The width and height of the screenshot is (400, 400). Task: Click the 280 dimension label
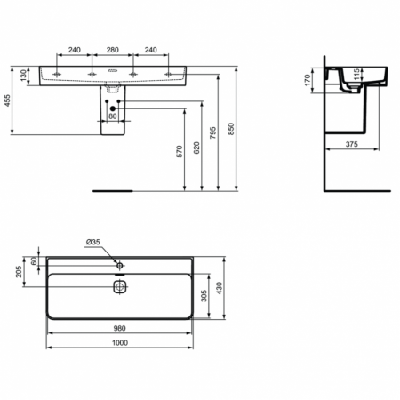[113, 50]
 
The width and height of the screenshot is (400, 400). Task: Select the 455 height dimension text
[7, 100]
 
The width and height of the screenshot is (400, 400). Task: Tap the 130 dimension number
[23, 76]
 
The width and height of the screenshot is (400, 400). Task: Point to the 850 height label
[231, 129]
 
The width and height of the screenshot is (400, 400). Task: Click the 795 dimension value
[212, 133]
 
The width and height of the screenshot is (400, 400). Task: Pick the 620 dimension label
[196, 148]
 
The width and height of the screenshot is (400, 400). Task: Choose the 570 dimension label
[180, 151]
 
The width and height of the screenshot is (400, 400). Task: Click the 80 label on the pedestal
[113, 116]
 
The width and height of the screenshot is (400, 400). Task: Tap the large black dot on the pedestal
[113, 108]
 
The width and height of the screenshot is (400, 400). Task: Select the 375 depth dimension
[352, 144]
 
